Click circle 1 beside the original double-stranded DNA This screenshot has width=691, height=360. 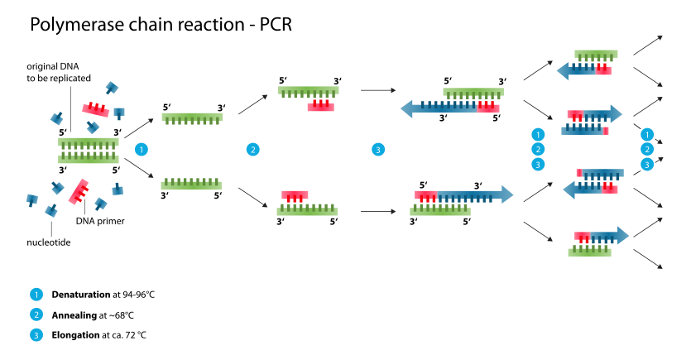tap(142, 150)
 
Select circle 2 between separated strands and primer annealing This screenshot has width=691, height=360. tap(252, 150)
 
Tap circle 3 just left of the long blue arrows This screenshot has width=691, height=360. tap(378, 150)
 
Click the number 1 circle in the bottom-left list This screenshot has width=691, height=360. tap(36, 295)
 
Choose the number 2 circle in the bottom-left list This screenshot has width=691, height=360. tap(36, 314)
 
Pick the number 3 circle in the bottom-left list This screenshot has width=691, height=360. tap(36, 335)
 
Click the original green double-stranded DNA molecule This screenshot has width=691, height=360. tap(89, 151)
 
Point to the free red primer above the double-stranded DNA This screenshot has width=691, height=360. tap(95, 109)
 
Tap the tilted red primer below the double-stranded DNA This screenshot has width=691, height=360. tap(79, 191)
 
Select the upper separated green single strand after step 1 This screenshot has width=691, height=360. tap(192, 118)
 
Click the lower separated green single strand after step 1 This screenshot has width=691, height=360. tap(191, 185)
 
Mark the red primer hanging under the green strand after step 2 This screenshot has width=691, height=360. tap(320, 107)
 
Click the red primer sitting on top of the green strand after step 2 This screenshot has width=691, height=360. tap(295, 196)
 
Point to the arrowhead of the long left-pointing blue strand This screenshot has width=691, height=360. tap(407, 108)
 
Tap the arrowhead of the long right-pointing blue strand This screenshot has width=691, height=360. tap(506, 194)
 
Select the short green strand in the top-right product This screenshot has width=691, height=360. tap(596, 54)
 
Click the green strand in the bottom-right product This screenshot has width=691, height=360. tap(589, 252)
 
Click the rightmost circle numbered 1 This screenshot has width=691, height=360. tap(647, 135)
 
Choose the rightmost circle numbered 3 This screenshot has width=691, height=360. tap(647, 165)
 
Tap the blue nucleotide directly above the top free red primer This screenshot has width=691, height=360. tap(111, 88)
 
